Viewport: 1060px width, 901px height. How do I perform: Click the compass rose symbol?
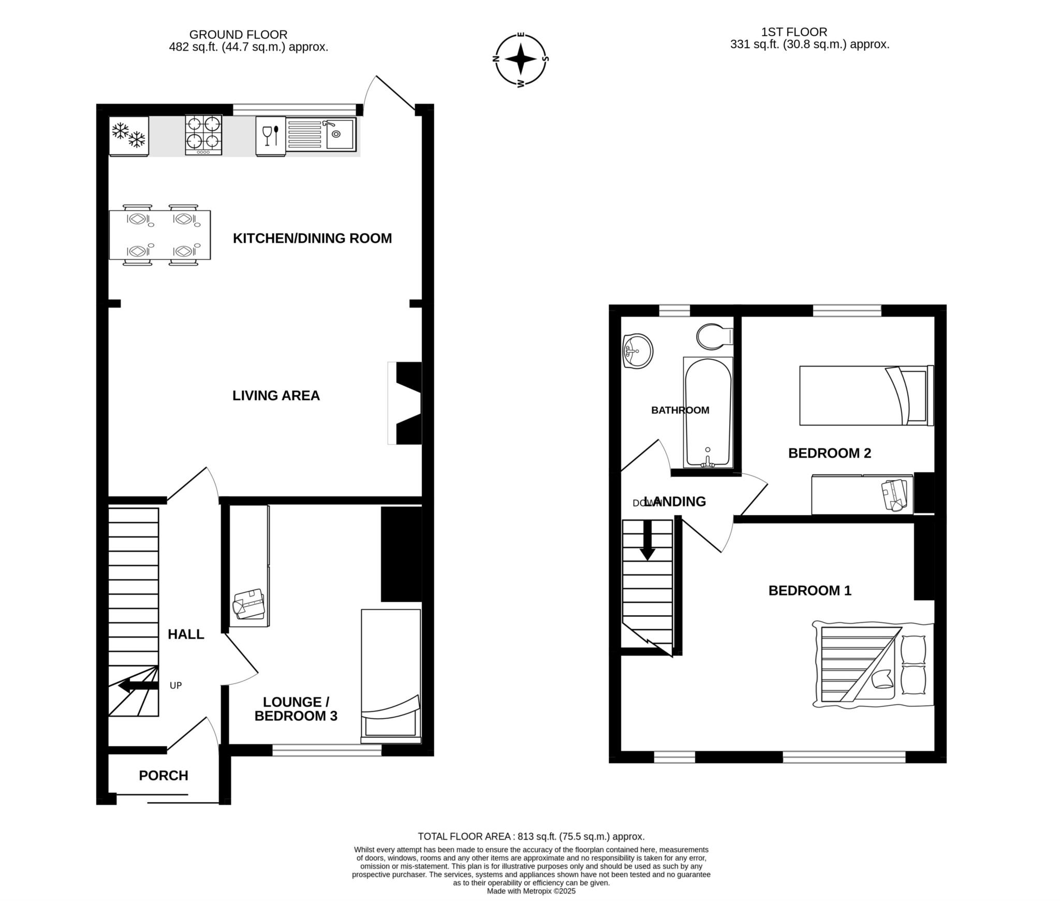[521, 59]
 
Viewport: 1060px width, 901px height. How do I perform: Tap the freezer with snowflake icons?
[129, 136]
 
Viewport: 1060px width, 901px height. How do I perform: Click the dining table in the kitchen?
[160, 235]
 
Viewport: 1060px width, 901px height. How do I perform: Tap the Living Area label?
[276, 396]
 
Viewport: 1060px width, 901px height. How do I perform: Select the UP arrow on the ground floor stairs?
[138, 687]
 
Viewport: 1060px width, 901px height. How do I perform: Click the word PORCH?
[164, 776]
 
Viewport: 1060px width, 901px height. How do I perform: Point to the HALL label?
[186, 634]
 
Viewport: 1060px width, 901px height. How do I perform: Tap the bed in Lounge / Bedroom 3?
[391, 676]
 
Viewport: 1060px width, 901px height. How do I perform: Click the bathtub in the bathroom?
[708, 412]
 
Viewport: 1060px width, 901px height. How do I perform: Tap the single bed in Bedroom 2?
[866, 396]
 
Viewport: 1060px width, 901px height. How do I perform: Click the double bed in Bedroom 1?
[873, 664]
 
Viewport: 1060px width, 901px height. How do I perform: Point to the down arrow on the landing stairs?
[647, 541]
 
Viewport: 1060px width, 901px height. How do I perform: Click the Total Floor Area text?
[531, 836]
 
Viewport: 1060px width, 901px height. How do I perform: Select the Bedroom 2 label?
[830, 453]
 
